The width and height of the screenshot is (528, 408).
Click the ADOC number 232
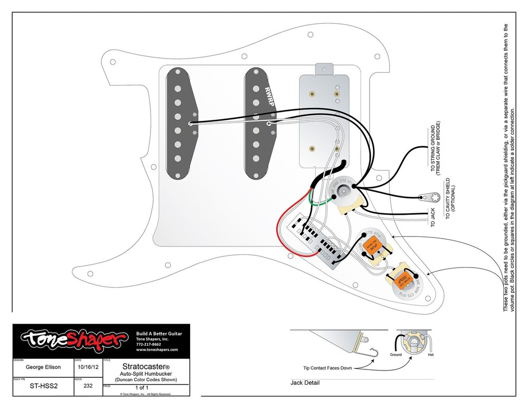(88, 386)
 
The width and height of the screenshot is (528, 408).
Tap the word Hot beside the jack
(431, 355)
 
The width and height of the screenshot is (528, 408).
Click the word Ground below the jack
(396, 355)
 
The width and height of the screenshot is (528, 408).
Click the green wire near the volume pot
(317, 204)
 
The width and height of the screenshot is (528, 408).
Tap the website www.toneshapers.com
(157, 349)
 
